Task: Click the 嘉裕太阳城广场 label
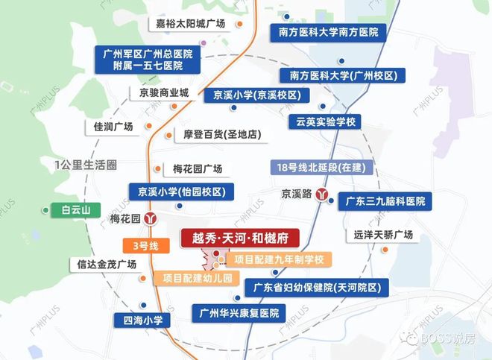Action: (x=190, y=24)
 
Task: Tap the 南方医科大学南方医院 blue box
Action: (x=328, y=33)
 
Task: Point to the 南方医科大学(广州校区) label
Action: (x=342, y=75)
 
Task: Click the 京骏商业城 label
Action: (x=164, y=93)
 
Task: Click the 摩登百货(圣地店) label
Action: (x=221, y=136)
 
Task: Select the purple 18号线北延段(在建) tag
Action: (x=320, y=168)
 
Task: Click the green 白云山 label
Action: (x=75, y=211)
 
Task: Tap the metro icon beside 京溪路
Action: (x=323, y=194)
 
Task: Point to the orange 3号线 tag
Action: (x=141, y=245)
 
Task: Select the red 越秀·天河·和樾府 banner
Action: (x=239, y=239)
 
